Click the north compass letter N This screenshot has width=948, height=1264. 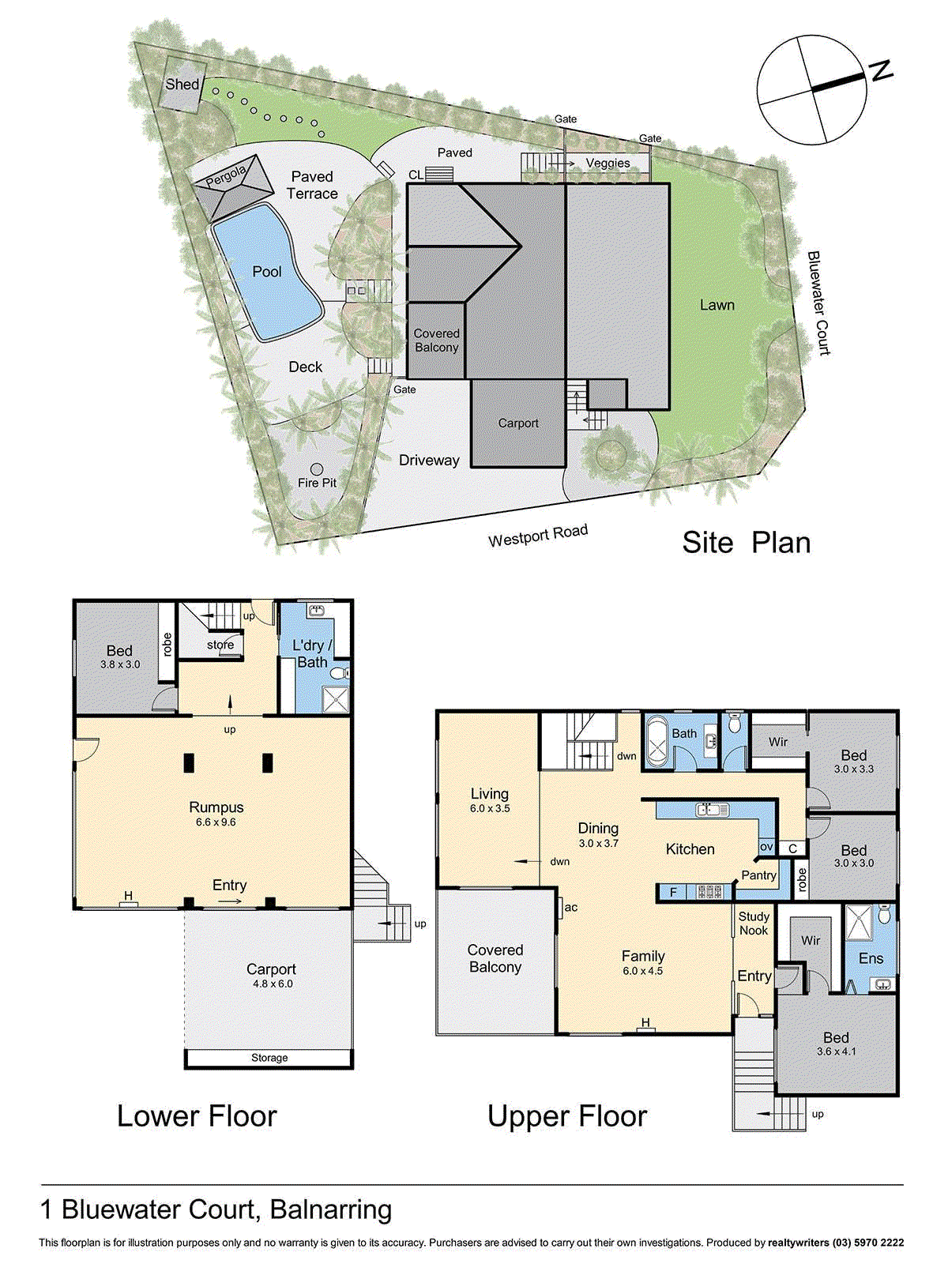pyautogui.click(x=881, y=71)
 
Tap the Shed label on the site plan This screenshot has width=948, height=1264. pyautogui.click(x=182, y=84)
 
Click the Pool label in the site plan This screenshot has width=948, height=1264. pyautogui.click(x=267, y=272)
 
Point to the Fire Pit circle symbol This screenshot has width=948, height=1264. pyautogui.click(x=317, y=469)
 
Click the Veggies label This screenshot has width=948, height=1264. pyautogui.click(x=608, y=164)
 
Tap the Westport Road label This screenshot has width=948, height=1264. pyautogui.click(x=537, y=536)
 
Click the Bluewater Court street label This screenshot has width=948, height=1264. pyautogui.click(x=818, y=303)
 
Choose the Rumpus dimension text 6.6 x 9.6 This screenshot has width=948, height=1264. pyautogui.click(x=216, y=822)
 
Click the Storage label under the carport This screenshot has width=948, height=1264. pyautogui.click(x=269, y=1058)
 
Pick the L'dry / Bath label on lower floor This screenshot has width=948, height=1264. pyautogui.click(x=312, y=654)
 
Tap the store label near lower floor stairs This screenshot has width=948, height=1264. pyautogui.click(x=220, y=645)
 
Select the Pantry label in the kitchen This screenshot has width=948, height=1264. pyautogui.click(x=758, y=875)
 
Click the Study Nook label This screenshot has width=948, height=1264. pyautogui.click(x=754, y=924)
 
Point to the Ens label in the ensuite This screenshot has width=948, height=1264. pyautogui.click(x=871, y=958)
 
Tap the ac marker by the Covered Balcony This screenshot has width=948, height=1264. pyautogui.click(x=570, y=907)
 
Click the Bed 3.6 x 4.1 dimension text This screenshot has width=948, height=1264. pyautogui.click(x=836, y=1051)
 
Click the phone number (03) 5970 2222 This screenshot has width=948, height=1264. pyautogui.click(x=867, y=1243)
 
